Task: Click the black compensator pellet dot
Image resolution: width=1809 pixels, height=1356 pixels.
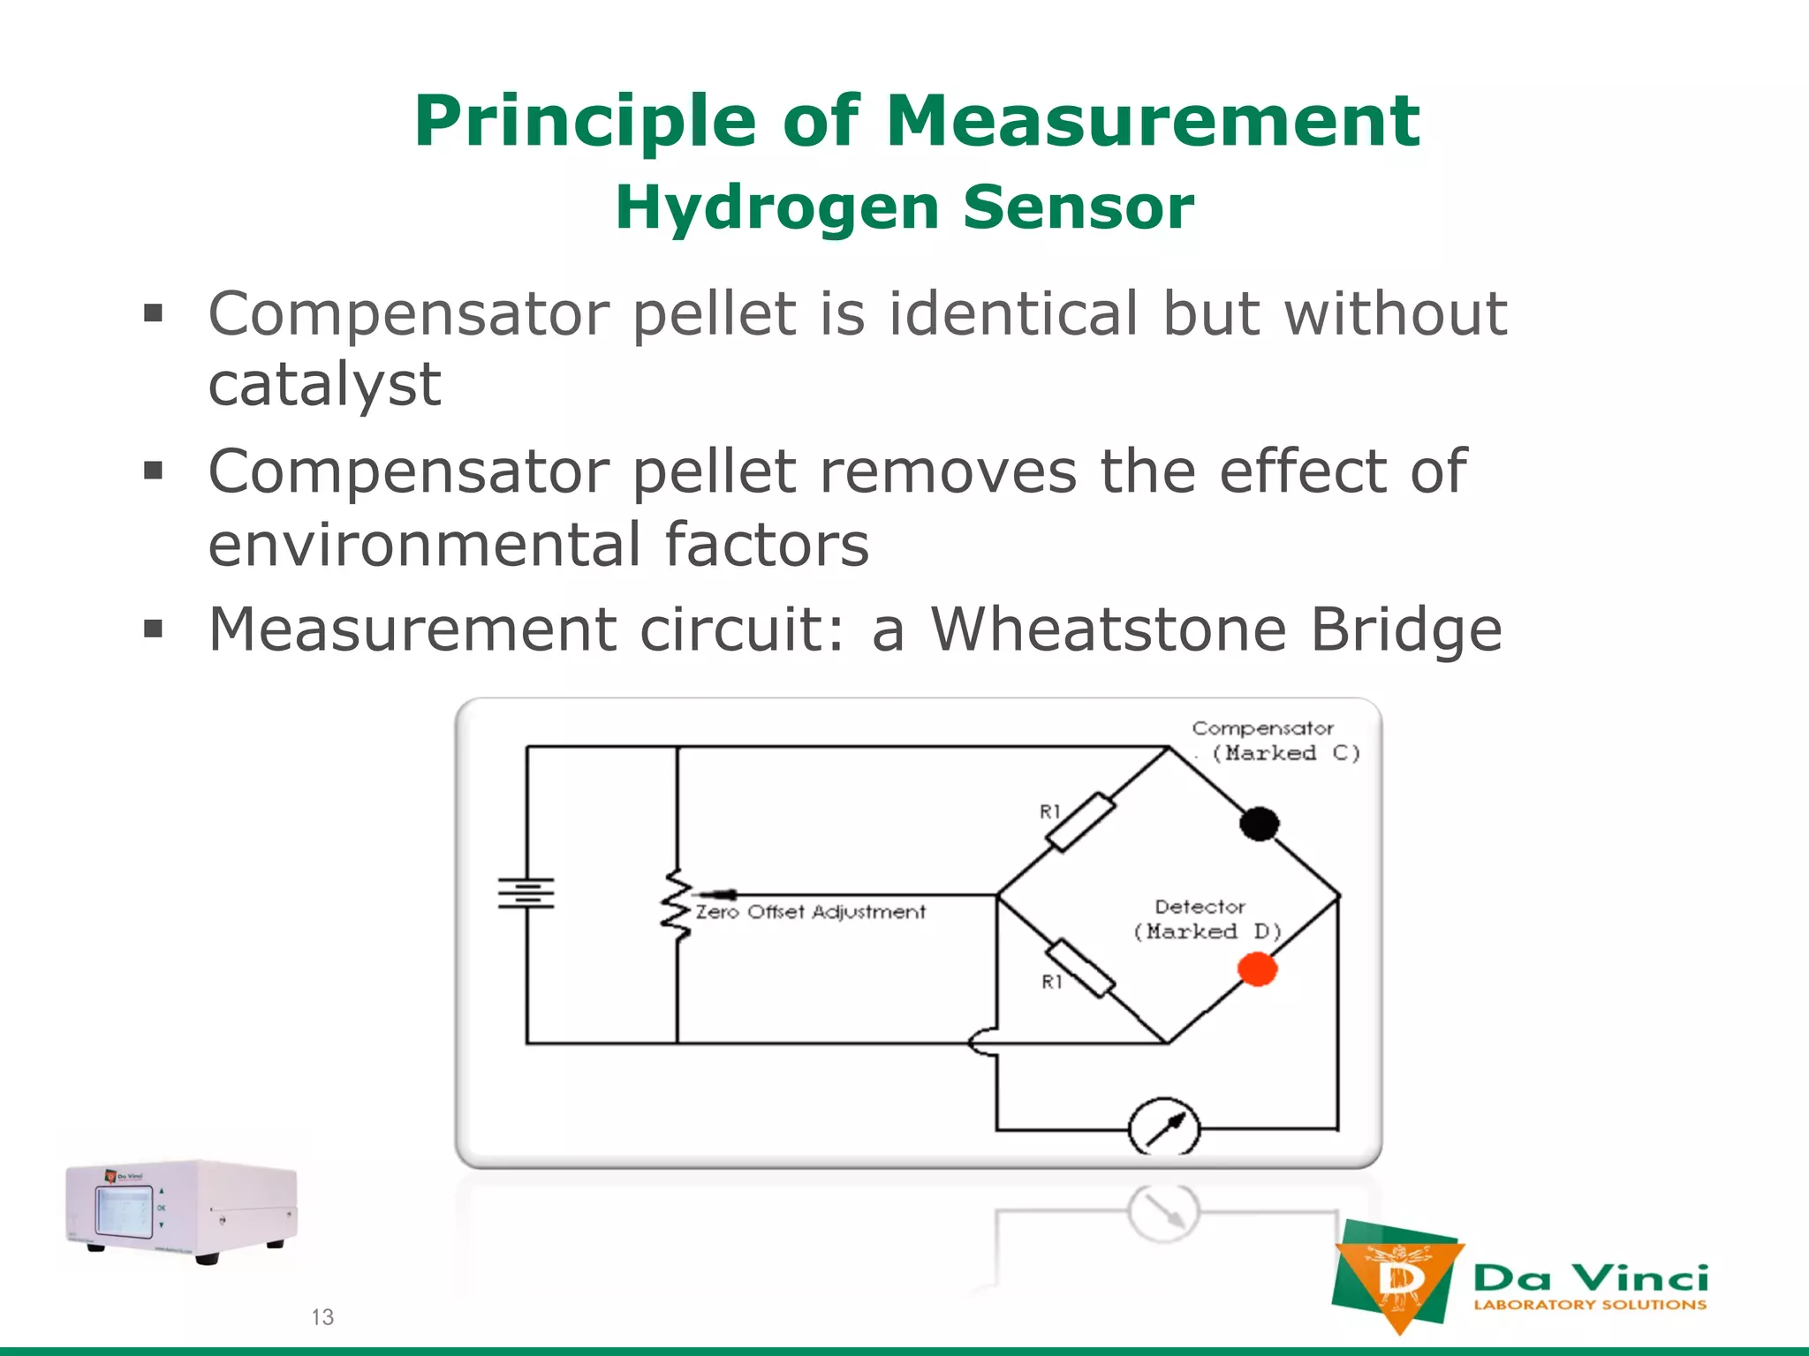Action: point(1259,824)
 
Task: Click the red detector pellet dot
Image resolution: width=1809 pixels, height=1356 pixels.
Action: point(1257,968)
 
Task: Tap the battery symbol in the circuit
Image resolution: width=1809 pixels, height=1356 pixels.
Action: point(526,893)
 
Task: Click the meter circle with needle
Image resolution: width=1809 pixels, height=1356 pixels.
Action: point(1164,1128)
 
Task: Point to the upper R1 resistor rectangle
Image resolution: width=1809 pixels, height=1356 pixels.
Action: point(1080,822)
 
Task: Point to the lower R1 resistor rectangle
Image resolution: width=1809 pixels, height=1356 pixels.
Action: point(1080,968)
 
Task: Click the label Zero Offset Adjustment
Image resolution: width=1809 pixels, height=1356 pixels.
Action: point(810,912)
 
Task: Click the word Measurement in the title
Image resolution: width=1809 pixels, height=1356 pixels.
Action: point(1152,121)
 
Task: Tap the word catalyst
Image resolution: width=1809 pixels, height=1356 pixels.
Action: point(324,385)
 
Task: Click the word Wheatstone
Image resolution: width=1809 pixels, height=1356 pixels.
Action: point(1108,629)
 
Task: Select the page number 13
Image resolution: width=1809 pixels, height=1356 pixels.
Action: point(322,1317)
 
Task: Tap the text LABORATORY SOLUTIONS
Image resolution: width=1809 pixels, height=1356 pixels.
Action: point(1589,1305)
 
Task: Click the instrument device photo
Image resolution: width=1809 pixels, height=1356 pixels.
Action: point(182,1210)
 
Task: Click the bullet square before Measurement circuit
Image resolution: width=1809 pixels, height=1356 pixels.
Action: point(154,629)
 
